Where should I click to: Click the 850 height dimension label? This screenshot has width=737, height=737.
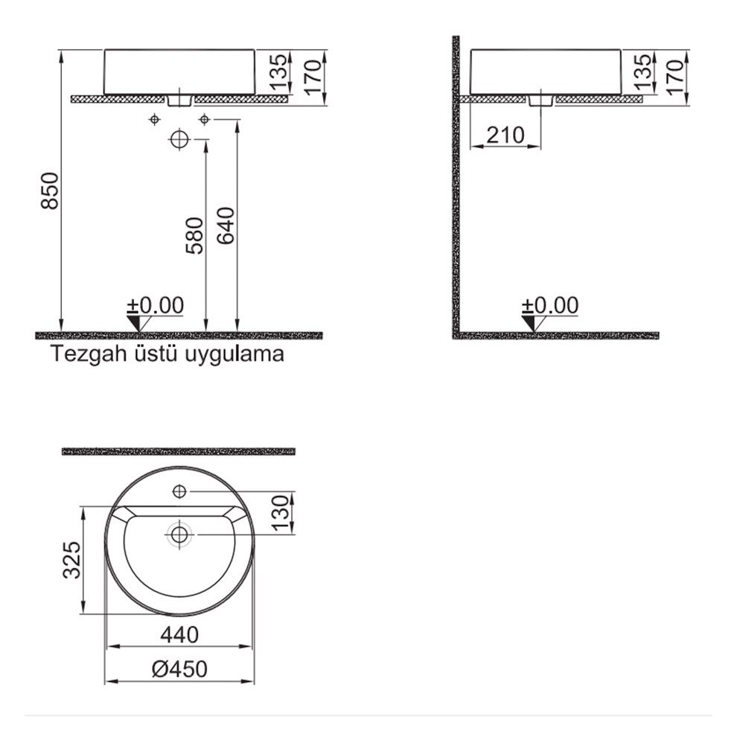pos(50,191)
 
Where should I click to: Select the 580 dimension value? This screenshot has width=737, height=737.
pos(194,235)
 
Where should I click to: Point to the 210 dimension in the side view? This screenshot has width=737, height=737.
pos(505,135)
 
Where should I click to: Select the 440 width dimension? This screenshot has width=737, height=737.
pos(179,635)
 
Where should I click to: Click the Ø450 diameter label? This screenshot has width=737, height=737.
pos(179,669)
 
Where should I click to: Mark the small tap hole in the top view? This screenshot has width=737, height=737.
pos(179,491)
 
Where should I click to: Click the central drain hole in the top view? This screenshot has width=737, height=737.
pos(179,534)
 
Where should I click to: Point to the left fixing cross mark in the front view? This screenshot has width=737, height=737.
pos(154,119)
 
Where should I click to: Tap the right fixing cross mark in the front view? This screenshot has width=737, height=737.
pos(204,119)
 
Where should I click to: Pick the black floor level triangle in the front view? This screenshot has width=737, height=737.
pos(134,322)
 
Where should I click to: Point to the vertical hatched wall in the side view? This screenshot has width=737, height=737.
pos(456,186)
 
